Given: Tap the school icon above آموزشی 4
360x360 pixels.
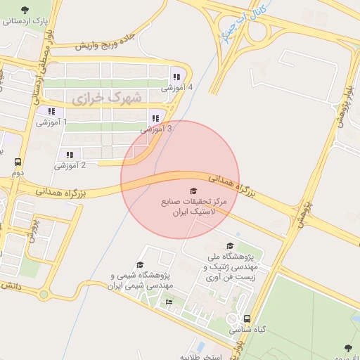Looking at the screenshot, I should point(175,77).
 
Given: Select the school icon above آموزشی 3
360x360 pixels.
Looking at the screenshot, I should point(156,118).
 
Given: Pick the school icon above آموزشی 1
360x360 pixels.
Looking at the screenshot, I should point(51,111).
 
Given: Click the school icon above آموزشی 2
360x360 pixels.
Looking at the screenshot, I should point(69,155).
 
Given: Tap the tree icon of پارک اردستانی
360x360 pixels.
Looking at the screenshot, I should point(25,10).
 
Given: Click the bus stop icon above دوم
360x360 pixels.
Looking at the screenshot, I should point(18,162).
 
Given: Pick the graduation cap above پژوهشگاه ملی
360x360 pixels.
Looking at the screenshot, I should point(230,246).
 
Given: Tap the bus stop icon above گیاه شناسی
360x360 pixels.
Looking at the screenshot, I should point(246,319).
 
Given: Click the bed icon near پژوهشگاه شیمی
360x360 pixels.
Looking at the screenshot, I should point(169,302).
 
